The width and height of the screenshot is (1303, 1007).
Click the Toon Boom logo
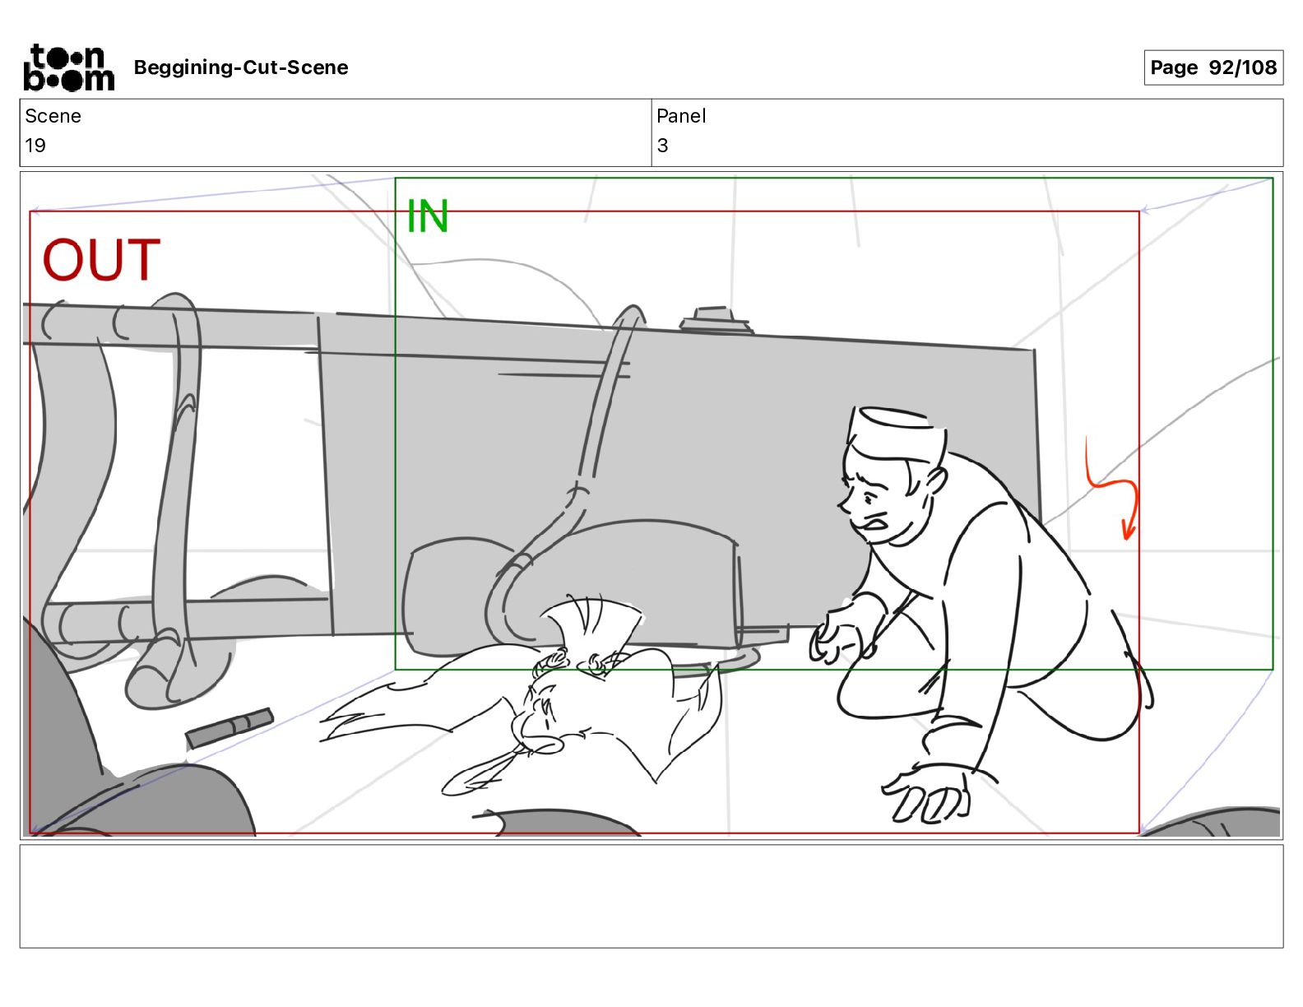point(68,67)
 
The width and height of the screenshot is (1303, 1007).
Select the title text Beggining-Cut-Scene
point(240,67)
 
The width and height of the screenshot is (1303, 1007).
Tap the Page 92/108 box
point(1213,67)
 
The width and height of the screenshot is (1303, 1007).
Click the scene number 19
point(35,145)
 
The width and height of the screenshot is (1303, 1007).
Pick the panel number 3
point(662,145)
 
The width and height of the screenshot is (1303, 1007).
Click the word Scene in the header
point(53,116)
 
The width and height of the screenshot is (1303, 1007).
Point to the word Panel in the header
point(681,116)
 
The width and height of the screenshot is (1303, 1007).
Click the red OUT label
point(101,260)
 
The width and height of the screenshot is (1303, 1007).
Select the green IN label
point(428,216)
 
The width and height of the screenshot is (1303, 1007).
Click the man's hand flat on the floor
point(927,795)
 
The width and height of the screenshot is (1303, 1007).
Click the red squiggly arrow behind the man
point(1111,492)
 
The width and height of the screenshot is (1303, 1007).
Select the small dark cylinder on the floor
point(230,727)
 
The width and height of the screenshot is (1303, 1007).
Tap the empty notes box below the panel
point(651,896)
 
